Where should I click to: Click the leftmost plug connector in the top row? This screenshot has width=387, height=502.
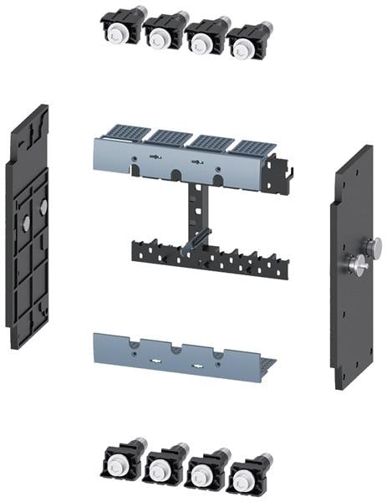point(120,29)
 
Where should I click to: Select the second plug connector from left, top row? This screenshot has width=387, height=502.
point(161,33)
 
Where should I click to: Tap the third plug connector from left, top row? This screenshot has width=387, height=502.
point(203,38)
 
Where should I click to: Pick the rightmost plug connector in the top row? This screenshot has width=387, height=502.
point(244,41)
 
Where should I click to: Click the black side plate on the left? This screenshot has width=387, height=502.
point(27,226)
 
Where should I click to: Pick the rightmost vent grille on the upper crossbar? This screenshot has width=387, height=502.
point(251,146)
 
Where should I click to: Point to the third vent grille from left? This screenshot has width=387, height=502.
point(210,141)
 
